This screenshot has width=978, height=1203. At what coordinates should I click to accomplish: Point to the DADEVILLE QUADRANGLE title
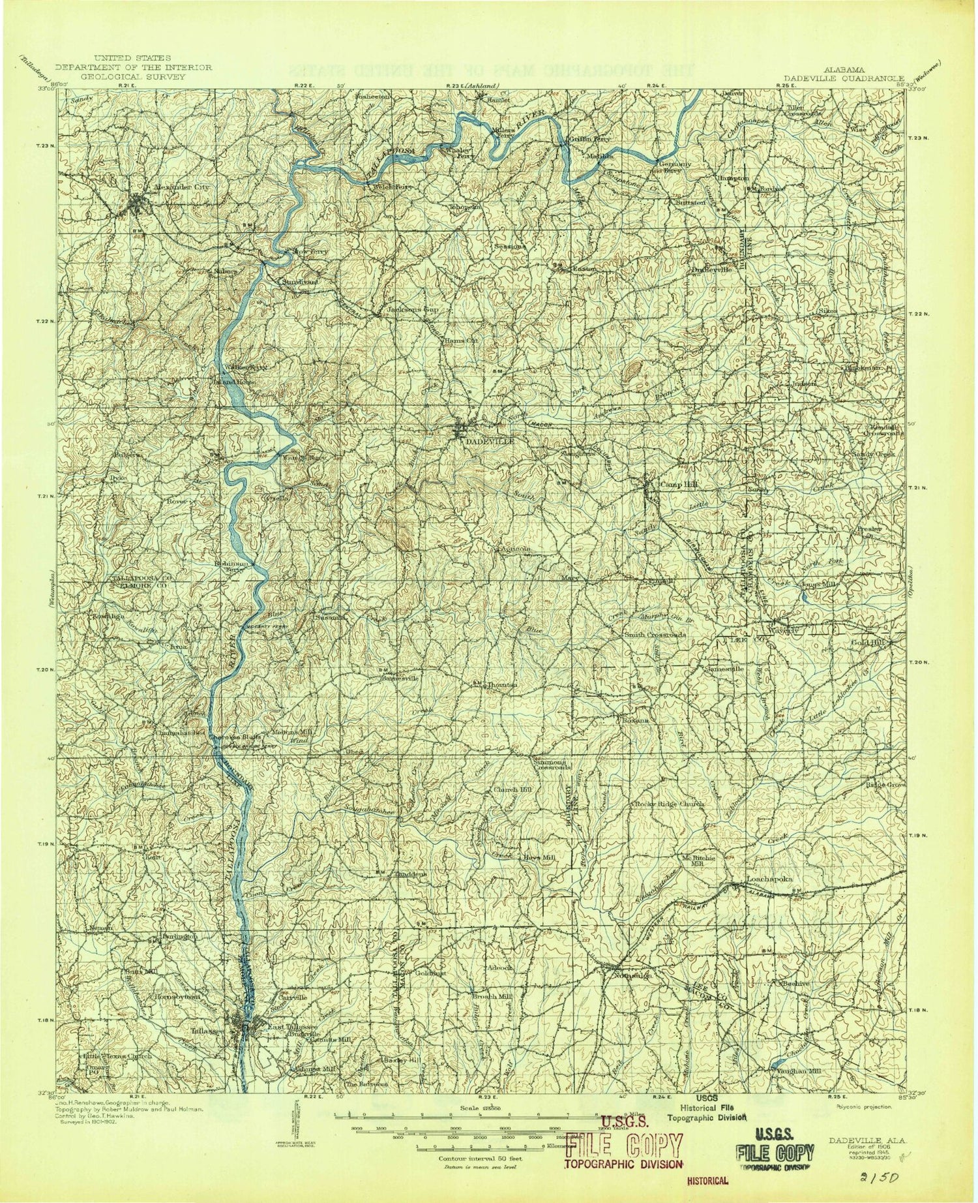coord(839,76)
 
